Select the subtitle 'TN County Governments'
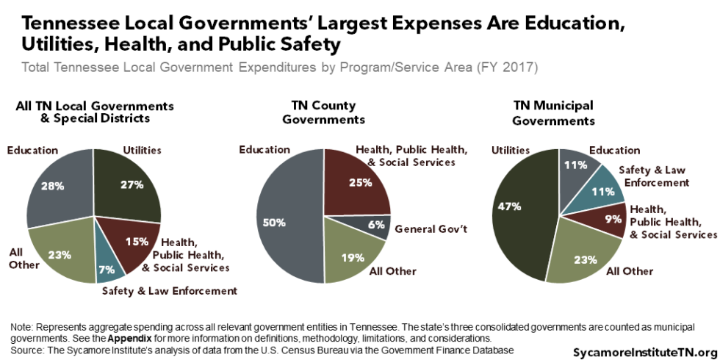(x=323, y=112)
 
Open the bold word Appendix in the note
(x=131, y=338)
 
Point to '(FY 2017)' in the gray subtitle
(x=513, y=68)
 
